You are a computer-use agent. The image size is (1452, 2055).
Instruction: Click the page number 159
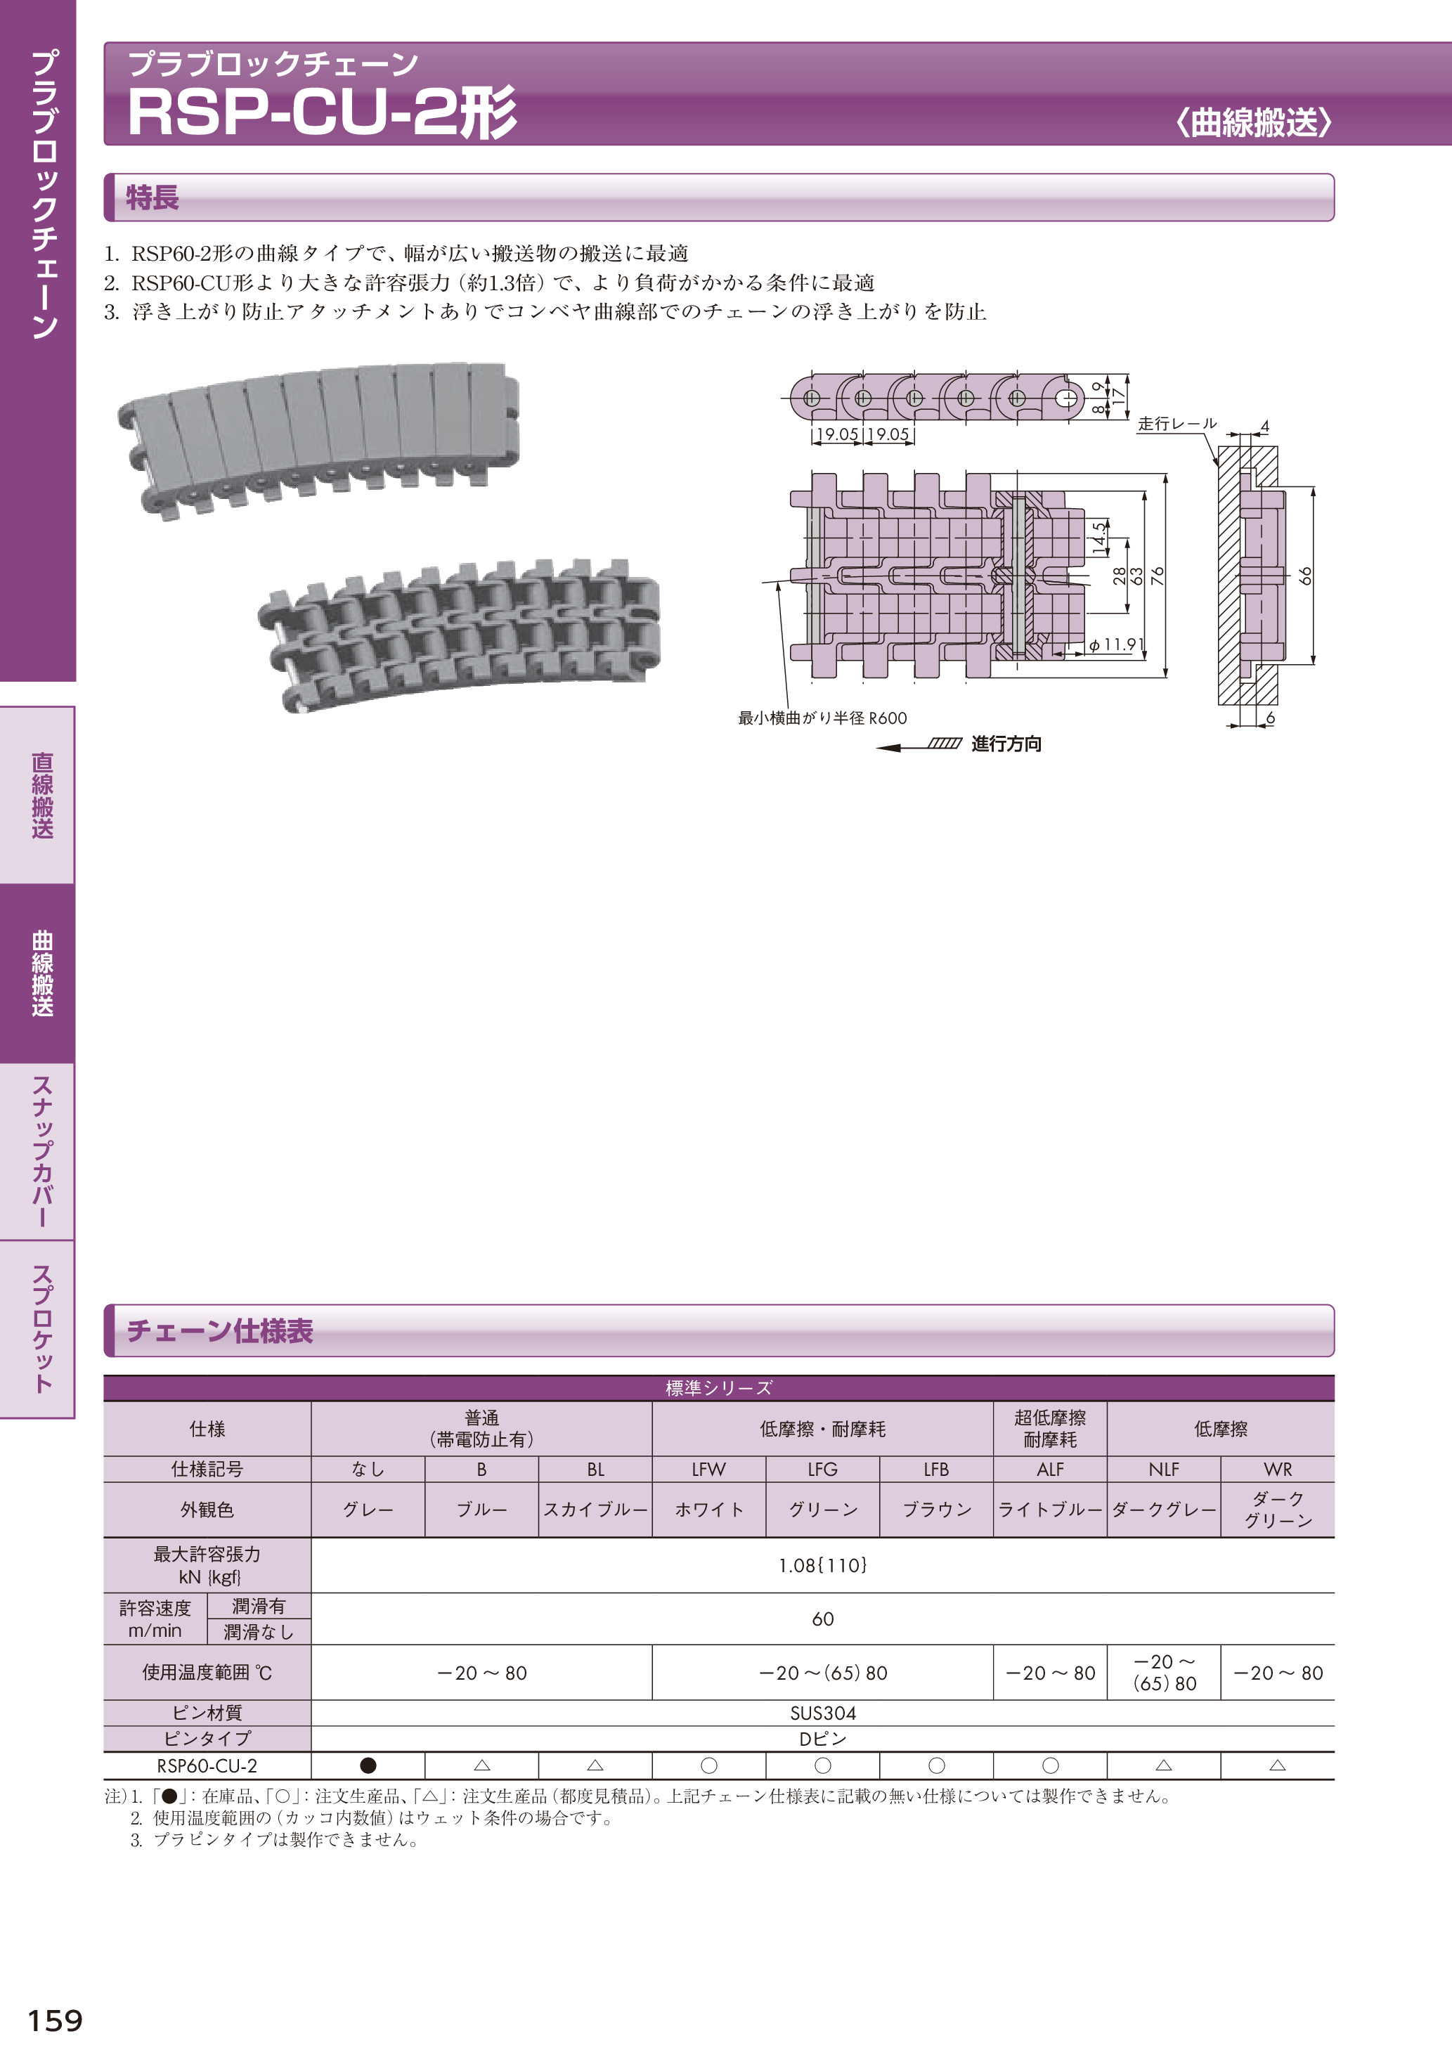point(55,2020)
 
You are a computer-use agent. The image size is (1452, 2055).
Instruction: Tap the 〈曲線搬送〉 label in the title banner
point(1253,122)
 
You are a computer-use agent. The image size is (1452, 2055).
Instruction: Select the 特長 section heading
point(153,197)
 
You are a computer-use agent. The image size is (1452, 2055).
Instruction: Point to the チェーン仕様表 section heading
point(220,1331)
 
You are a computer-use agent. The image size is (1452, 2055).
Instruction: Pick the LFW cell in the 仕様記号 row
point(709,1469)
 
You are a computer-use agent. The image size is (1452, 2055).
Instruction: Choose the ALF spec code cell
point(1050,1469)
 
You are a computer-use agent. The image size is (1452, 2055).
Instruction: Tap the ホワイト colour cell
point(709,1509)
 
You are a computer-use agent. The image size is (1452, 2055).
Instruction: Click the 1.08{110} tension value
point(823,1564)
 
